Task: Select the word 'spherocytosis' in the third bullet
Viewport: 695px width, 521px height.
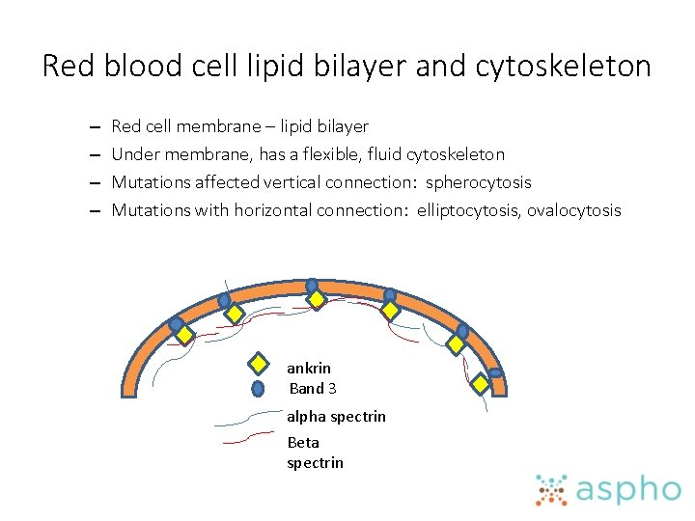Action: tap(479, 182)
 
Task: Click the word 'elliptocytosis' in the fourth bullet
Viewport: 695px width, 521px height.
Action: tap(468, 210)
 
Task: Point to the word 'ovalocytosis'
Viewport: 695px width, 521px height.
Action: tap(574, 210)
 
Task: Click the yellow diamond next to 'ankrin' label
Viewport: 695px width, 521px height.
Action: tap(259, 365)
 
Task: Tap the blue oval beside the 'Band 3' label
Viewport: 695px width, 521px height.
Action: tap(258, 389)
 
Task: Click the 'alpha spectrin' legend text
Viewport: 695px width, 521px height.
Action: tap(336, 417)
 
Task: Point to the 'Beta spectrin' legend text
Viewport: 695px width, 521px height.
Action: tap(315, 452)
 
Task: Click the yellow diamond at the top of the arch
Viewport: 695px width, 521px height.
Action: tap(315, 300)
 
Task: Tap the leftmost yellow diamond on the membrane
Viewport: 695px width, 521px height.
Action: tap(182, 337)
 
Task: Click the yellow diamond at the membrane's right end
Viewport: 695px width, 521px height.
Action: tap(480, 383)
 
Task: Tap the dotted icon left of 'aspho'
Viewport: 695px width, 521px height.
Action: tap(552, 490)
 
